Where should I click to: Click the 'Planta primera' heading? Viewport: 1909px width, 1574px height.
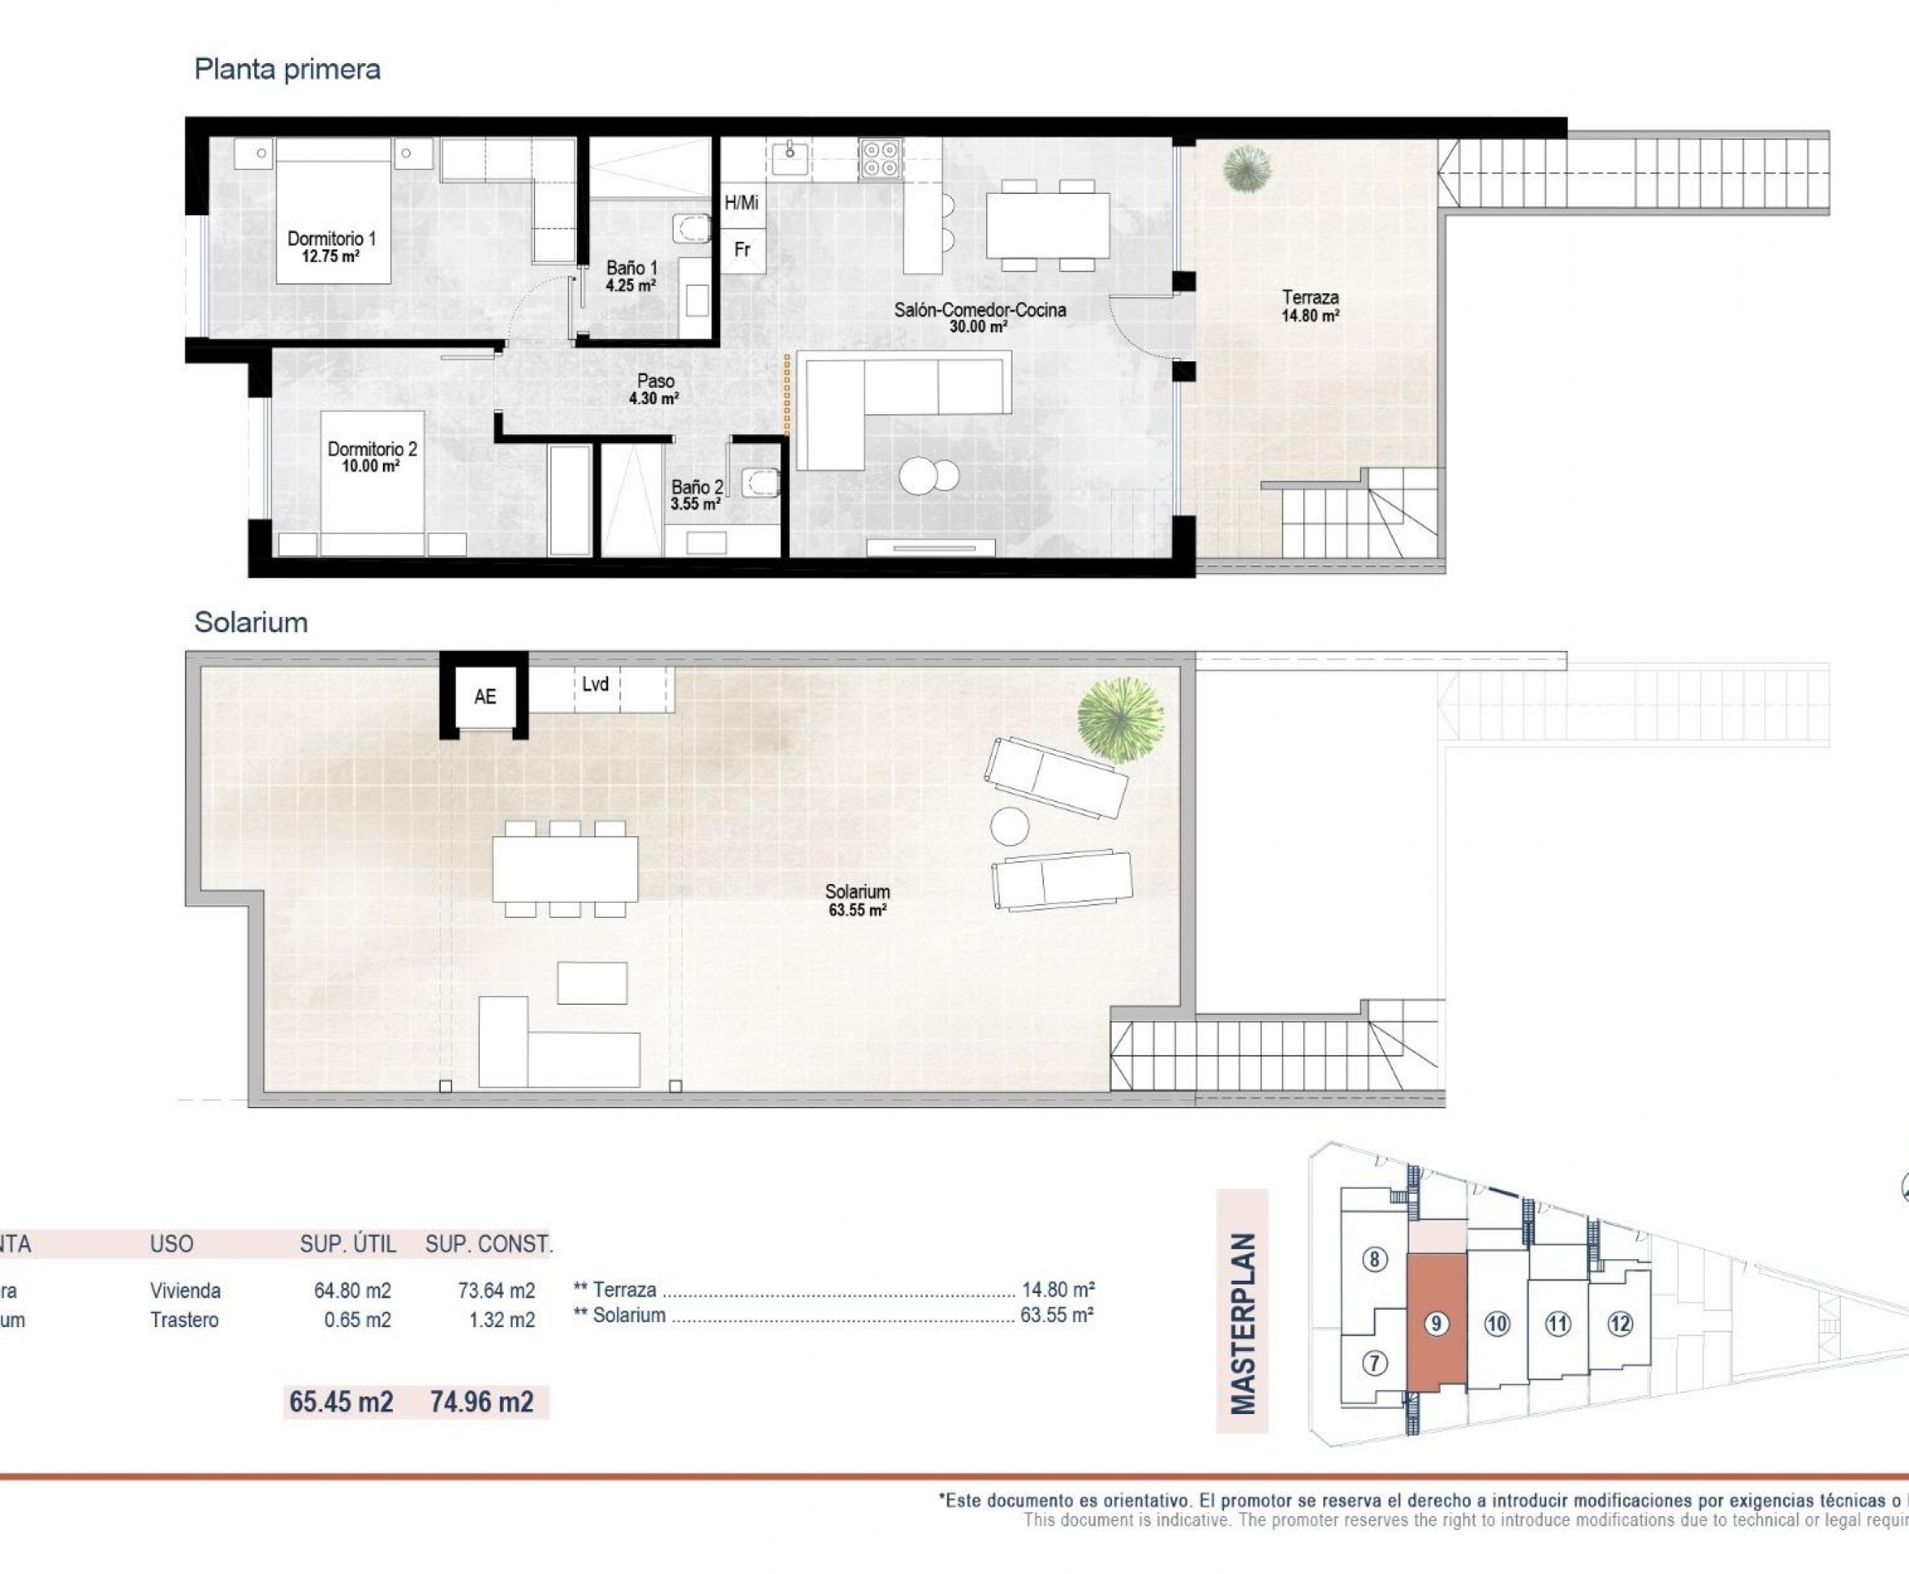[287, 69]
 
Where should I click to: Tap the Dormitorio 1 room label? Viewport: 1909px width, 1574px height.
[331, 239]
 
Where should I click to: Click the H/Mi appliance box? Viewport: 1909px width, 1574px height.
[741, 203]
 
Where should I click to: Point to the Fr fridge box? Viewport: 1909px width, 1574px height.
[742, 249]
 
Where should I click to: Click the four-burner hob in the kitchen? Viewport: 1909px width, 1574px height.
[880, 159]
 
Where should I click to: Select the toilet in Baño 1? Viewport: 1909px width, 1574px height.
[691, 228]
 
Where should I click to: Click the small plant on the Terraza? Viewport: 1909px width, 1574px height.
[1246, 169]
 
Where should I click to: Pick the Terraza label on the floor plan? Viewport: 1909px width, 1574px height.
[1310, 297]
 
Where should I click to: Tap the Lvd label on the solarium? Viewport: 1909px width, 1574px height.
[595, 684]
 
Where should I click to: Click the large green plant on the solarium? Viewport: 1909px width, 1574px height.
[1120, 719]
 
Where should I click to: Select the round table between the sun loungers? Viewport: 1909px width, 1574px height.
[1009, 826]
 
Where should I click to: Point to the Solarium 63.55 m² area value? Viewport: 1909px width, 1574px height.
[856, 910]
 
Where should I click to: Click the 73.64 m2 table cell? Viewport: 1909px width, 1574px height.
[496, 1290]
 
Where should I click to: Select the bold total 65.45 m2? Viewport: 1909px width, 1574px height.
[341, 1402]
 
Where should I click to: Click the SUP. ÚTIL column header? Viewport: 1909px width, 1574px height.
[347, 1244]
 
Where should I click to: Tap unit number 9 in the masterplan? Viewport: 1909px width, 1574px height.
[1435, 1324]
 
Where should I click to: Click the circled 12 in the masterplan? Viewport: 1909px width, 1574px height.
[1620, 1324]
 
